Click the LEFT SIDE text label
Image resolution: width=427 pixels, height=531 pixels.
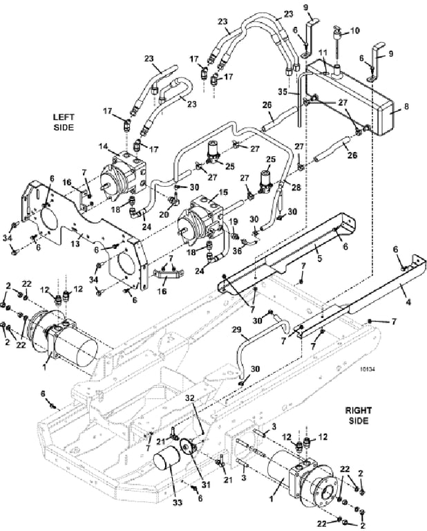pyautogui.click(x=64, y=122)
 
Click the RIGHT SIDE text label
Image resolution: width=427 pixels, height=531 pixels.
pyautogui.click(x=359, y=416)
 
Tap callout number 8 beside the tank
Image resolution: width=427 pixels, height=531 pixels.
pyautogui.click(x=406, y=106)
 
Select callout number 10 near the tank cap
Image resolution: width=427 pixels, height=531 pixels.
pyautogui.click(x=354, y=30)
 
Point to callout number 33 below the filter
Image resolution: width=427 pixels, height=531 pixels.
pyautogui.click(x=178, y=503)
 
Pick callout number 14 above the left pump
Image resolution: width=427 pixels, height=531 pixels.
pyautogui.click(x=103, y=147)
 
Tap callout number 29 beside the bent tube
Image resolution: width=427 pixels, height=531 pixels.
pyautogui.click(x=237, y=329)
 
